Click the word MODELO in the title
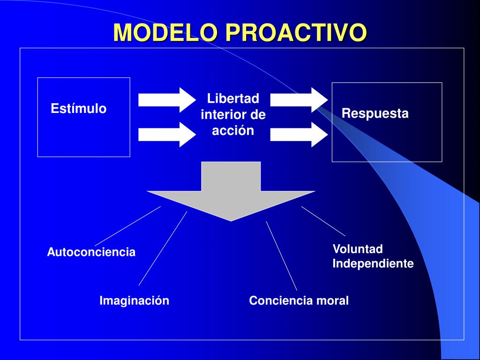[166, 33]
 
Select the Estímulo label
[78, 109]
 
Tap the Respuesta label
[375, 113]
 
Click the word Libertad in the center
[233, 99]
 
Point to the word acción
[233, 131]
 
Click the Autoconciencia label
[91, 252]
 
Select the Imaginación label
[134, 301]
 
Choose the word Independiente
[373, 264]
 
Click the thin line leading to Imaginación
[163, 248]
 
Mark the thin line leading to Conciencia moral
[281, 255]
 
